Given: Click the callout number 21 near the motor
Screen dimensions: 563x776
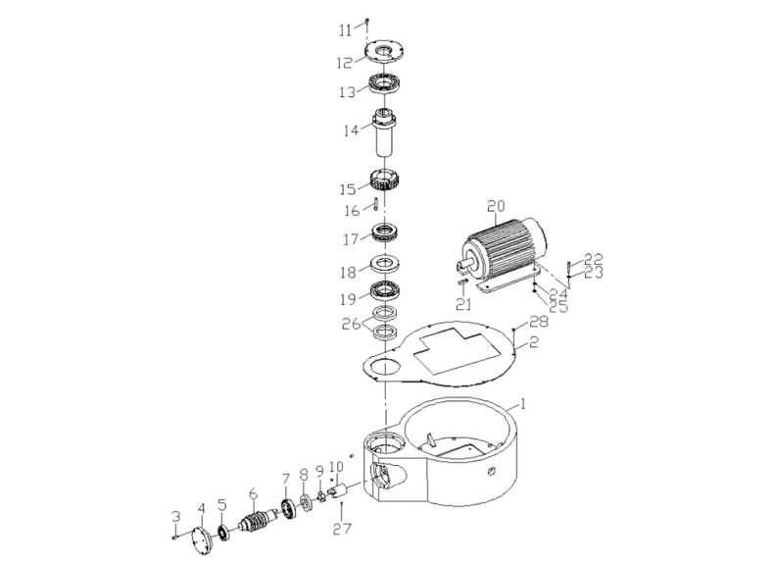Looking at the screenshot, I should (x=461, y=305).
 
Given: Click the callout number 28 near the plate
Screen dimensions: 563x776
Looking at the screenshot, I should (x=538, y=323).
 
